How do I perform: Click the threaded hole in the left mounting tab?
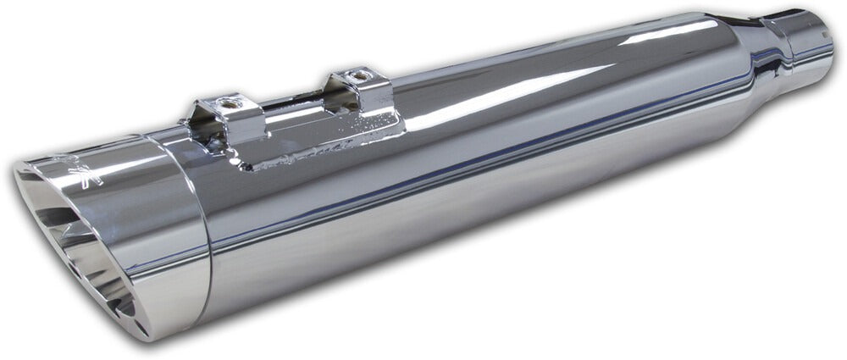[x=227, y=106]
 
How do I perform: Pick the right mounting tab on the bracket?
[x=364, y=89]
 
